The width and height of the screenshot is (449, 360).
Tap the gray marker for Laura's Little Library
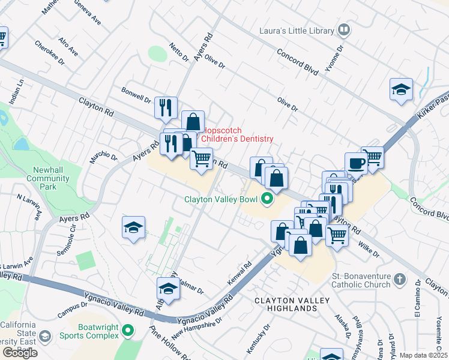tap(343, 29)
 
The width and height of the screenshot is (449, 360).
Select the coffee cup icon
tap(356, 163)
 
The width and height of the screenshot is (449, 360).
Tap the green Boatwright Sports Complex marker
tap(127, 330)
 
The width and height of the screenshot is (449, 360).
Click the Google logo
tap(20, 353)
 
